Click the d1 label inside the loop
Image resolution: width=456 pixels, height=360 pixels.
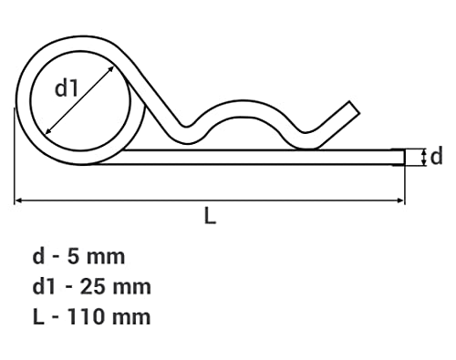[x=67, y=88]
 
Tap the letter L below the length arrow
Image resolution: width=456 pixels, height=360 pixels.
[x=210, y=215]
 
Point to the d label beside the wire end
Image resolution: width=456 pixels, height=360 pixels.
[x=437, y=157]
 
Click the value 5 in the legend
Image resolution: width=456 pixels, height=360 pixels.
[x=73, y=257]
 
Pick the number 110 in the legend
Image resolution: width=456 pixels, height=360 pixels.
[x=86, y=317]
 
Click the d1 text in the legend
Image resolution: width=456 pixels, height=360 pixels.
[x=44, y=287]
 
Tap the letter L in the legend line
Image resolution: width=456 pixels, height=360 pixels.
[x=38, y=317]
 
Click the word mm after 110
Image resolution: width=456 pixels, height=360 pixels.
[x=131, y=319]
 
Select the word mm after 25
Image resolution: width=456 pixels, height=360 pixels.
[x=132, y=289]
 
